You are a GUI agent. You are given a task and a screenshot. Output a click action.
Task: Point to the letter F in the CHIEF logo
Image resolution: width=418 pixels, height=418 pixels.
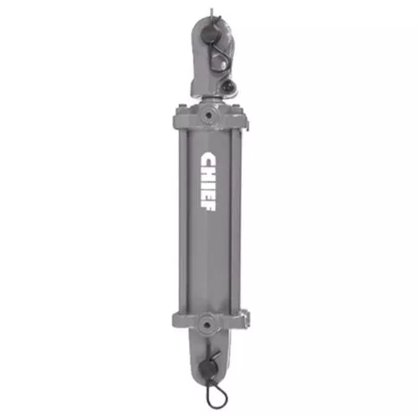coord(207,206)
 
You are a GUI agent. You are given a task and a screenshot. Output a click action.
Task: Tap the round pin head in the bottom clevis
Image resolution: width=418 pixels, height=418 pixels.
coord(207,370)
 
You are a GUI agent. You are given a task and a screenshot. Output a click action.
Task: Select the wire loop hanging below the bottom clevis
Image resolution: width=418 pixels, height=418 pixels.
coord(217,395)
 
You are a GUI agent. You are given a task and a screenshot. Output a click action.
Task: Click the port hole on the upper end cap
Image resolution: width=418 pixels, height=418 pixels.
coord(207,115)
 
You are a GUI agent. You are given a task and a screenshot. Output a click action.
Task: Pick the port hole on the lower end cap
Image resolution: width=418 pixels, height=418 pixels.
coord(206,324)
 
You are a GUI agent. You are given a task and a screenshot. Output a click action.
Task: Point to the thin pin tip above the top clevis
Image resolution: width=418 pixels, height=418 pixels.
coord(212,12)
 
